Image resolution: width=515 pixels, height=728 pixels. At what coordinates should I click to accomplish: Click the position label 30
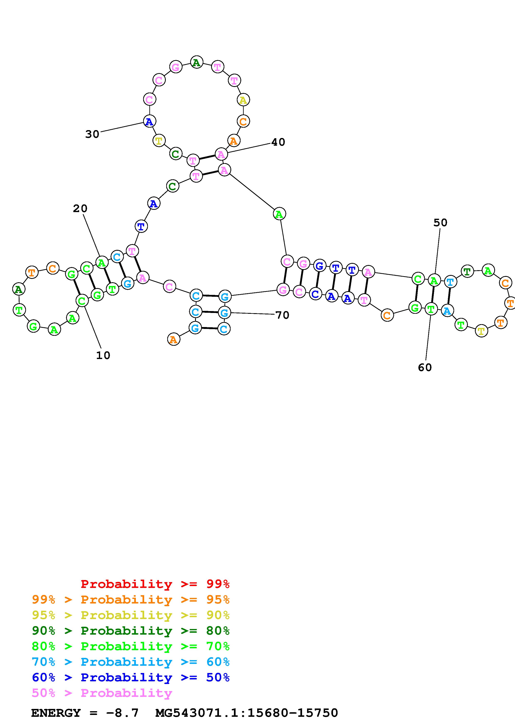tap(92, 134)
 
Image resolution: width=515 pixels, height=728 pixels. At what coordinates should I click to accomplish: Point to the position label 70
tap(282, 315)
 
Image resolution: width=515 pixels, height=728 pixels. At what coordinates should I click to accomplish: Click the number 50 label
tap(440, 223)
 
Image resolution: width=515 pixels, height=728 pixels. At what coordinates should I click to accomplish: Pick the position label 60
tap(425, 368)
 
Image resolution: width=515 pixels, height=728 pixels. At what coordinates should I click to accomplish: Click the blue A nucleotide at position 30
tap(149, 121)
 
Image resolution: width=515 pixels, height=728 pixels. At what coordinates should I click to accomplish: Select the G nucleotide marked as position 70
tap(224, 313)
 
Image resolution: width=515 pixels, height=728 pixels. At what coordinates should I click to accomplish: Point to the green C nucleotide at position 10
tap(82, 300)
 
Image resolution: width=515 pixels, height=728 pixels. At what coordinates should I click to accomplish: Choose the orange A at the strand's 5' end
tap(173, 340)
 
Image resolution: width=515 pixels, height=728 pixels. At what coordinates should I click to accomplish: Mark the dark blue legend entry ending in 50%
tap(131, 678)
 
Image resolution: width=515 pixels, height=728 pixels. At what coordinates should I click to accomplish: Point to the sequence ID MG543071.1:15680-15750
tap(247, 713)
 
